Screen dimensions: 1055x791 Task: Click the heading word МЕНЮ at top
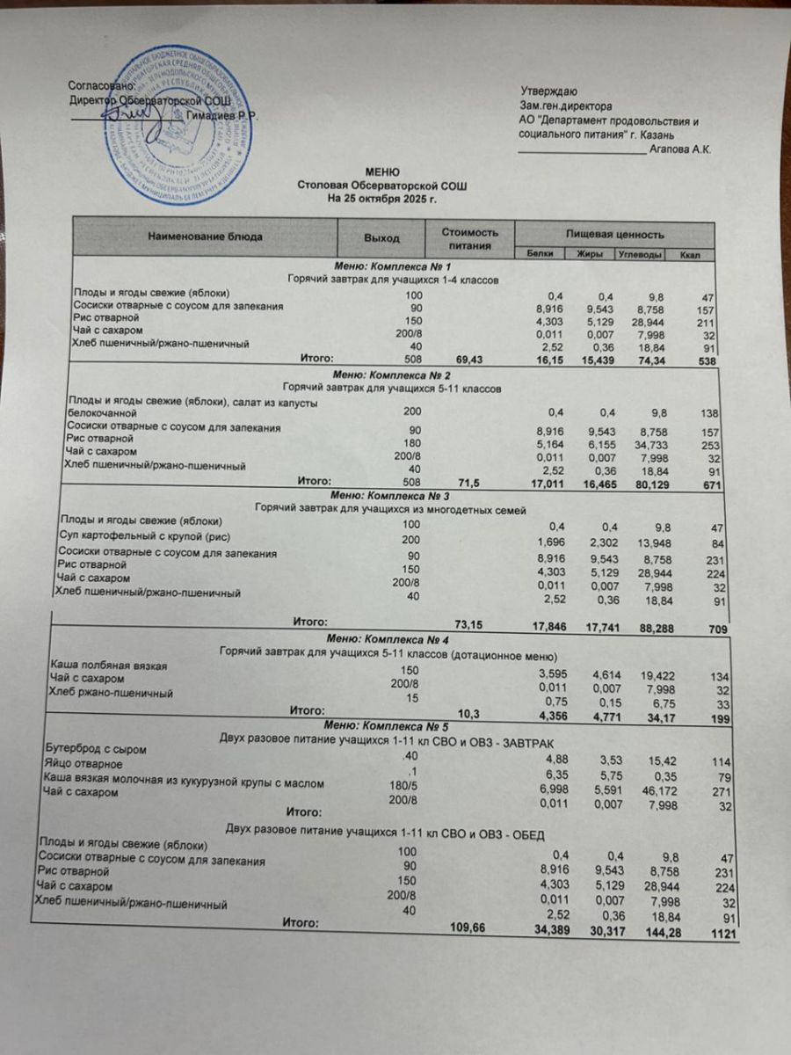point(382,172)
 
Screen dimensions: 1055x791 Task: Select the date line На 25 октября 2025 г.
point(381,199)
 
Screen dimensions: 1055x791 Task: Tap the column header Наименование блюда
point(205,236)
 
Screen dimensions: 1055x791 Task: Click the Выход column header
point(381,238)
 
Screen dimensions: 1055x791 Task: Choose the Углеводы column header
point(640,255)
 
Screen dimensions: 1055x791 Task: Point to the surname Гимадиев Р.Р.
point(223,115)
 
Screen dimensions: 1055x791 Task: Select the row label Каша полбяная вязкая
point(107,666)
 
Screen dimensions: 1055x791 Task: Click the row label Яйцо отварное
point(83,764)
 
